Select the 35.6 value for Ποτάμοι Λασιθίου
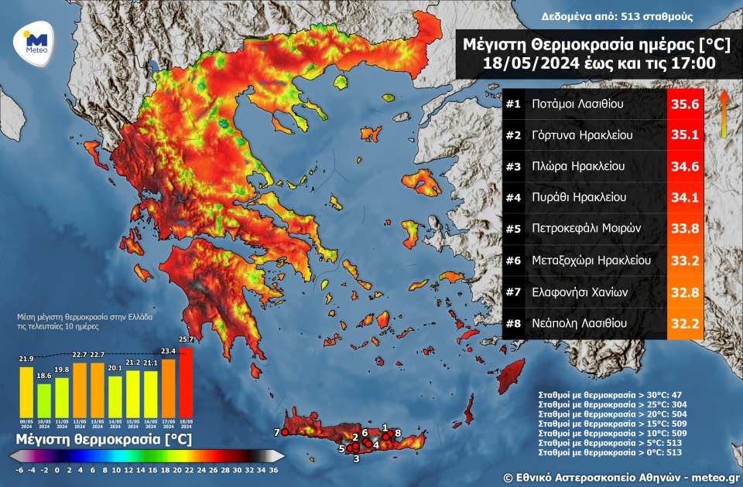click(x=683, y=104)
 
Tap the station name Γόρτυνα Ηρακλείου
click(x=582, y=135)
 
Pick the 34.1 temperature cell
click(x=683, y=198)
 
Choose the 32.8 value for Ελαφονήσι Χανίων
click(x=683, y=292)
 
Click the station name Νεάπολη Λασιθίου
click(x=580, y=323)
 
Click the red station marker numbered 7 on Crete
click(x=285, y=433)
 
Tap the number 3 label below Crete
click(x=356, y=459)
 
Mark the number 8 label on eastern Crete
click(x=398, y=433)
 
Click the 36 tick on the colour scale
click(x=273, y=469)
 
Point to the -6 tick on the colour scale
click(x=19, y=469)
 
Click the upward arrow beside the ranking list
click(x=724, y=114)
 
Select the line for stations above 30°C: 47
click(x=610, y=395)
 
